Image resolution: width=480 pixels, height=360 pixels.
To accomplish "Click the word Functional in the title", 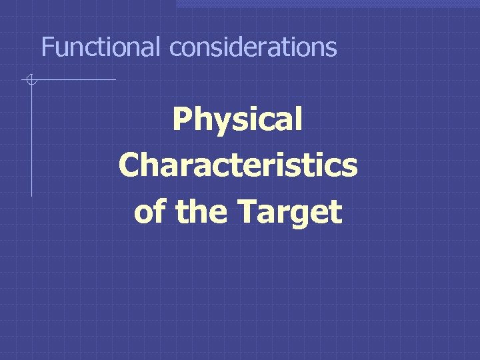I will (x=101, y=47).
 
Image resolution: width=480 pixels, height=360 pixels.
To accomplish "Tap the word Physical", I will (x=237, y=121).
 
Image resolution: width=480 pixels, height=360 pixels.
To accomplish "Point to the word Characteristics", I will (x=238, y=166).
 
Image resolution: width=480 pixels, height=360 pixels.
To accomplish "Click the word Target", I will (x=289, y=212).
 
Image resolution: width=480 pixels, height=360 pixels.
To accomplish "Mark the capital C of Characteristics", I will (x=130, y=166).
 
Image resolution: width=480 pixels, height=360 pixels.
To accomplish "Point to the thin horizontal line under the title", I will (x=80, y=80).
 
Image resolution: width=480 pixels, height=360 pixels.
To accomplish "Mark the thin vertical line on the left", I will (x=31, y=147).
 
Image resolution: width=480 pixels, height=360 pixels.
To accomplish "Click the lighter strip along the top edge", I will (x=327, y=3).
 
